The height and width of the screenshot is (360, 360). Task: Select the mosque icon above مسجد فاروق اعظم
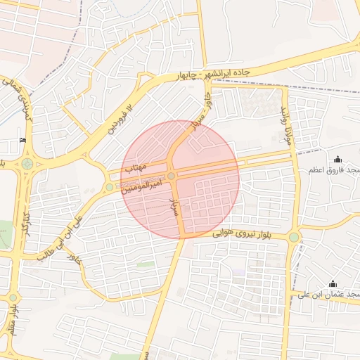[338, 159]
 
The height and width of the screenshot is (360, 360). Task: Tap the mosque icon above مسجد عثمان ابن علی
[337, 281]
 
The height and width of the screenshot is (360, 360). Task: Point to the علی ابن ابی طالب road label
[63, 236]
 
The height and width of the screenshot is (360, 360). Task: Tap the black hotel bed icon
[24, 141]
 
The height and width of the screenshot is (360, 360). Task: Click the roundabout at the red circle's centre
[172, 176]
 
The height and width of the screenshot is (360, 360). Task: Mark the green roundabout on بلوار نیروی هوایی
[293, 238]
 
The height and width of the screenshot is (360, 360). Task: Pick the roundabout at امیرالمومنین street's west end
[109, 186]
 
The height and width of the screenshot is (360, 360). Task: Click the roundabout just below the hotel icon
[27, 165]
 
